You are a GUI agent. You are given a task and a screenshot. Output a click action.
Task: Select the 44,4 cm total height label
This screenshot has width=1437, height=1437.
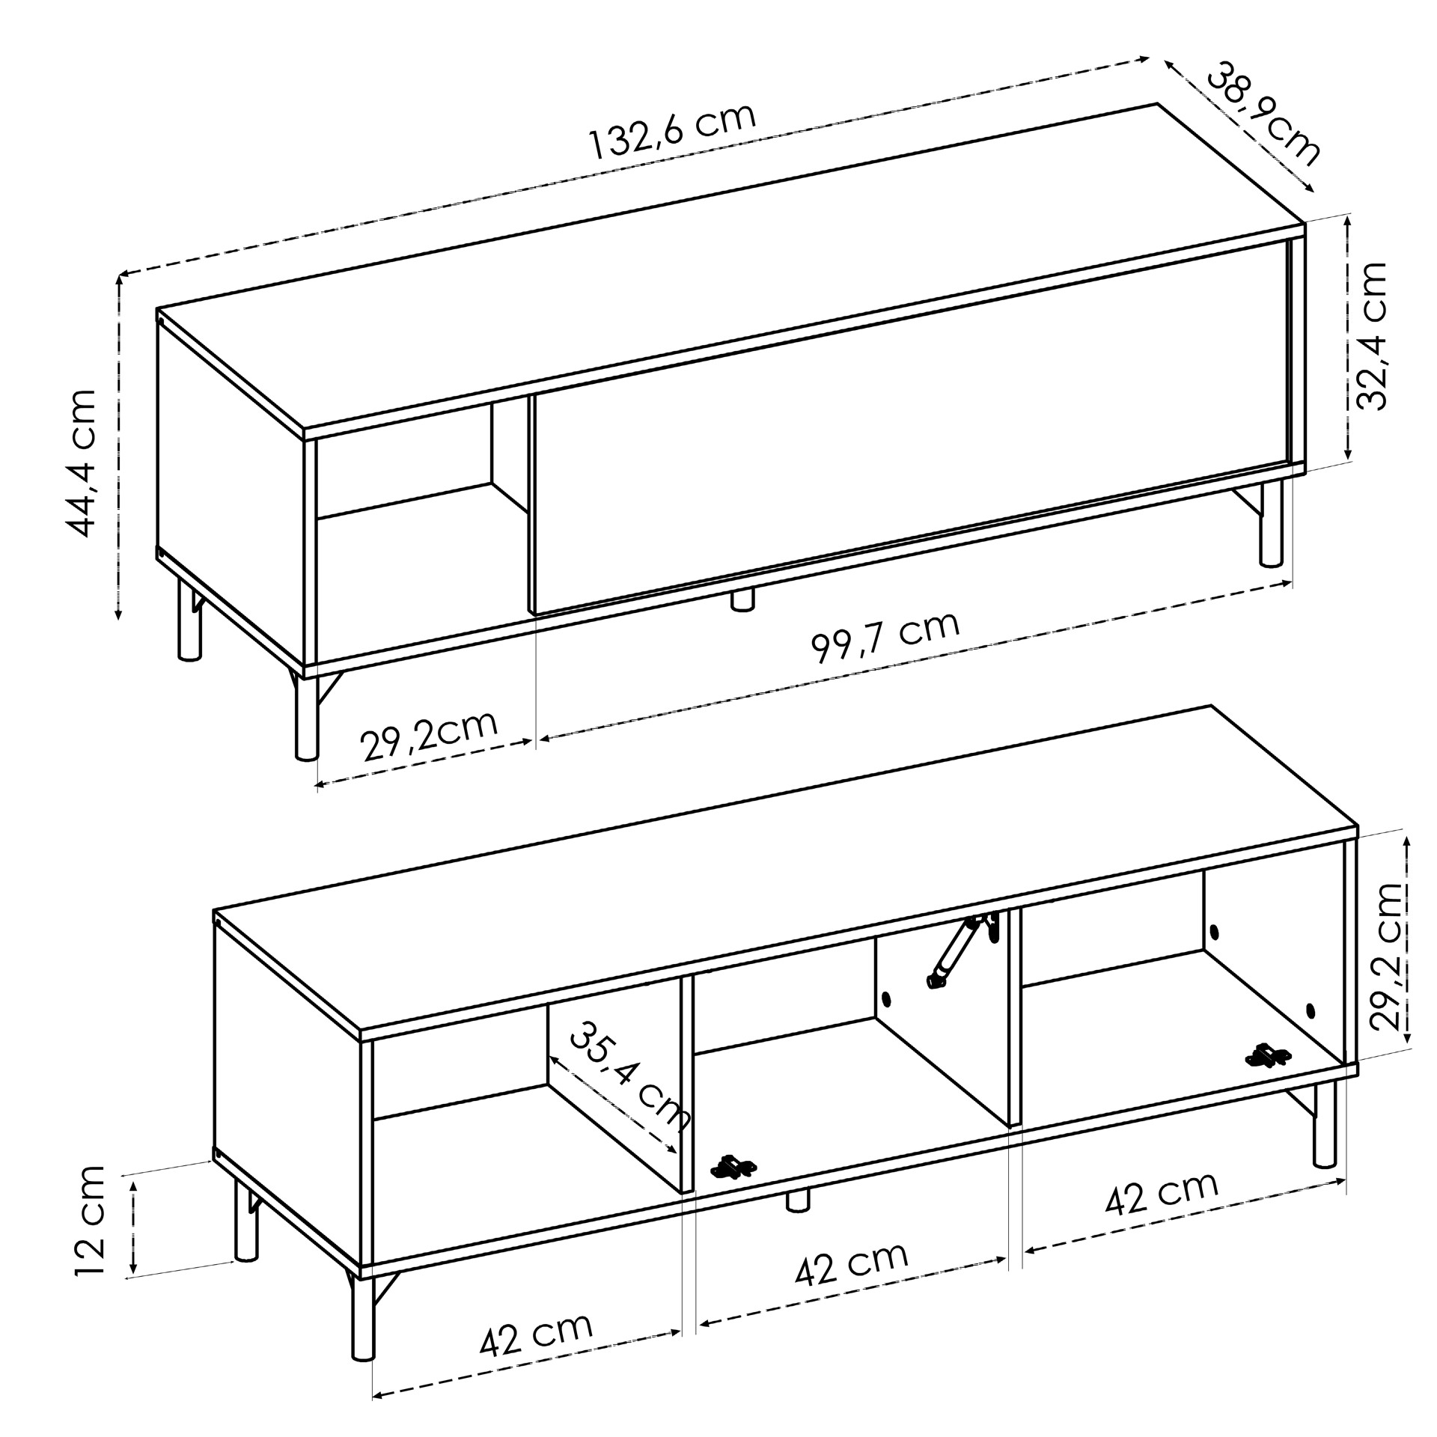pos(82,463)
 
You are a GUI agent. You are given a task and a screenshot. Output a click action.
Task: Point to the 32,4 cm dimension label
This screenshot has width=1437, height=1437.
pos(1372,335)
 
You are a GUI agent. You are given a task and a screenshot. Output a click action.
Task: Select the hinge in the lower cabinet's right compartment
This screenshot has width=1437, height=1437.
pos(1268,1055)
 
